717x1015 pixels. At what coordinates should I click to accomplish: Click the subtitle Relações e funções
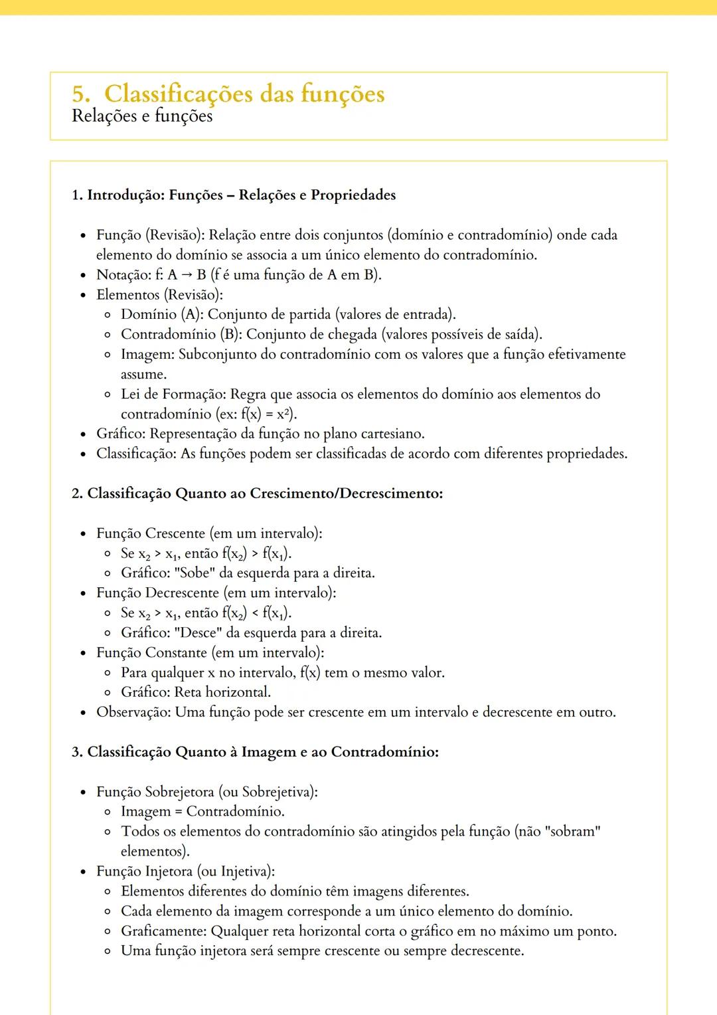(x=142, y=116)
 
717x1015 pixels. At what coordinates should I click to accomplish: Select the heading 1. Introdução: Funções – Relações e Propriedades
(x=233, y=195)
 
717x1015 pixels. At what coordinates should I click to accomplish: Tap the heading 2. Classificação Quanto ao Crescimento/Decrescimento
(x=257, y=494)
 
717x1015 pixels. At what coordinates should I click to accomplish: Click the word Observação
(x=133, y=712)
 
